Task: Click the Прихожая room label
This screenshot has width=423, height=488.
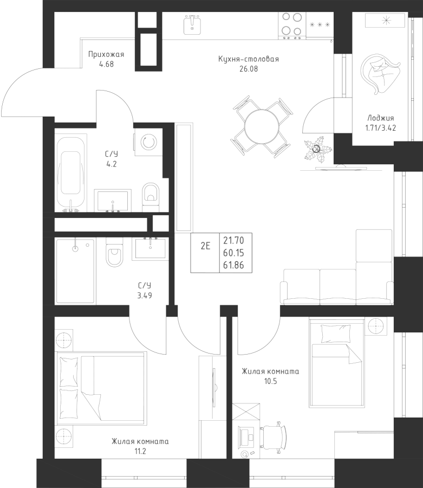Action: click(x=106, y=54)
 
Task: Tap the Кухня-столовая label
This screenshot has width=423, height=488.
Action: click(x=249, y=59)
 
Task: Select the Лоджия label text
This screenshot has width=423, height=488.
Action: click(x=381, y=118)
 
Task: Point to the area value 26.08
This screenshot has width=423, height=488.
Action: click(x=249, y=69)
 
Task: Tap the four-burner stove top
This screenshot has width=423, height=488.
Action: click(x=292, y=24)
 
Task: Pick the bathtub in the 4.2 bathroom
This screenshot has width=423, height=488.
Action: click(x=70, y=173)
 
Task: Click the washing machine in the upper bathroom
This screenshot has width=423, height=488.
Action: click(x=148, y=142)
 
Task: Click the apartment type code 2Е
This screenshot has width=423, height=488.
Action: click(x=205, y=246)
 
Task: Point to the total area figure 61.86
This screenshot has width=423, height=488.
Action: click(x=233, y=265)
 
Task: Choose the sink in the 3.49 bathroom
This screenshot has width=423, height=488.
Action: click(x=150, y=248)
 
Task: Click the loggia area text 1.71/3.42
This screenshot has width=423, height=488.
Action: click(x=381, y=128)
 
